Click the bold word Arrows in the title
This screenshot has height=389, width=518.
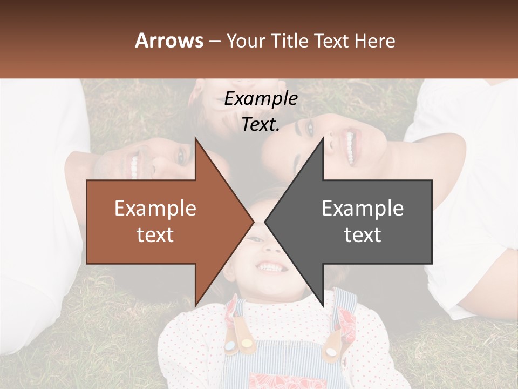169,41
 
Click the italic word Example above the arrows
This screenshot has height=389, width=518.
261,99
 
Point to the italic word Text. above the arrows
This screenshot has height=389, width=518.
261,124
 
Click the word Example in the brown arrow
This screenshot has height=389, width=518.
155,208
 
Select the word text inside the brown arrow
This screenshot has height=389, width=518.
155,234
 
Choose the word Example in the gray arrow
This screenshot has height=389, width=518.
363,208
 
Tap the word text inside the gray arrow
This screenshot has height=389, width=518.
363,234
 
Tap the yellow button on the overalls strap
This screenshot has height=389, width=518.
246,343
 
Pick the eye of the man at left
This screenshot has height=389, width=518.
180,156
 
